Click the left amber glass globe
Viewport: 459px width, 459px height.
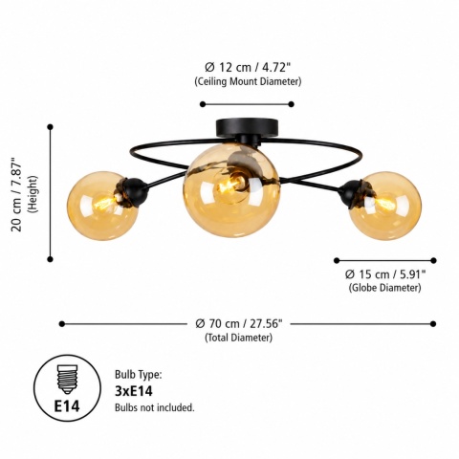[102, 206]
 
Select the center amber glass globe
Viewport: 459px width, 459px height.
[231, 190]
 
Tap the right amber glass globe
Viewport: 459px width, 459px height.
[385, 206]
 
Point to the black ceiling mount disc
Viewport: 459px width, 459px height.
[247, 127]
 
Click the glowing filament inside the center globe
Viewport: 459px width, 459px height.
[229, 184]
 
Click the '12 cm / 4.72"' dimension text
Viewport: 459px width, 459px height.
[248, 68]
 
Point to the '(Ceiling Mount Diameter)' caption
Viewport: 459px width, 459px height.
[248, 81]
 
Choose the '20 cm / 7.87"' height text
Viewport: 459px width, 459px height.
[17, 194]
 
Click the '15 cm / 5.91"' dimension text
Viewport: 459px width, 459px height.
[385, 273]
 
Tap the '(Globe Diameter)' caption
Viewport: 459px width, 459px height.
[384, 288]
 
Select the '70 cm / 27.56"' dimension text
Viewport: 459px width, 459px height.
[239, 324]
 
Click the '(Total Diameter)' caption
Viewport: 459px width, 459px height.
[239, 338]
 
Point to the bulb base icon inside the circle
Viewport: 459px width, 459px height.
[67, 380]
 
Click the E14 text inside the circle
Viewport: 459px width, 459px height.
[67, 406]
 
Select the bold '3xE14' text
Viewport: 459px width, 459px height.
[134, 391]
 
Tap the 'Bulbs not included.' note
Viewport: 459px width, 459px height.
[155, 407]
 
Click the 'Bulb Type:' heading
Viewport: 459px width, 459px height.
[139, 375]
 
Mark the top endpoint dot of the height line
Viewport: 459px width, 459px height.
[50, 127]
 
